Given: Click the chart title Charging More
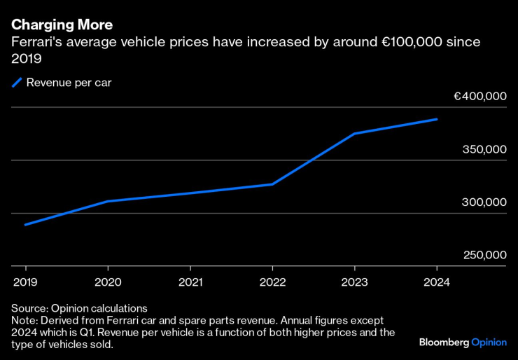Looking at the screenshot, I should tap(62, 25).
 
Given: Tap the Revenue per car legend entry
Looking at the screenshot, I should tap(69, 83).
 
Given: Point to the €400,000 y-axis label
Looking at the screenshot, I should tap(479, 97).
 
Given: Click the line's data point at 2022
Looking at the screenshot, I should tap(272, 184).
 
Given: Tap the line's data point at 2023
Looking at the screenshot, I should tap(354, 133).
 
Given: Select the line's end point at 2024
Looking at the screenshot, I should tap(437, 119).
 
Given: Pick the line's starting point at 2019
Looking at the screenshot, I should tap(26, 225).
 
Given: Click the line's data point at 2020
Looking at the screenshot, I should tap(107, 201).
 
